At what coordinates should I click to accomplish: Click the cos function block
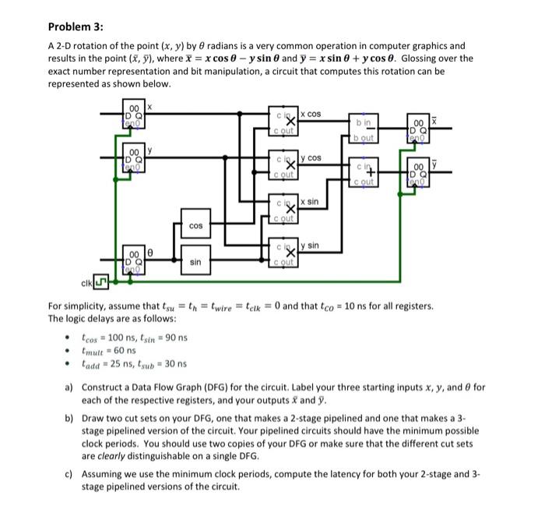coord(195,226)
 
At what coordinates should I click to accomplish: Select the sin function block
coord(195,263)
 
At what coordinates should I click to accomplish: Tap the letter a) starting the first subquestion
coord(69,387)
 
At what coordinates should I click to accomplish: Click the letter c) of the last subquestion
coord(69,473)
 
